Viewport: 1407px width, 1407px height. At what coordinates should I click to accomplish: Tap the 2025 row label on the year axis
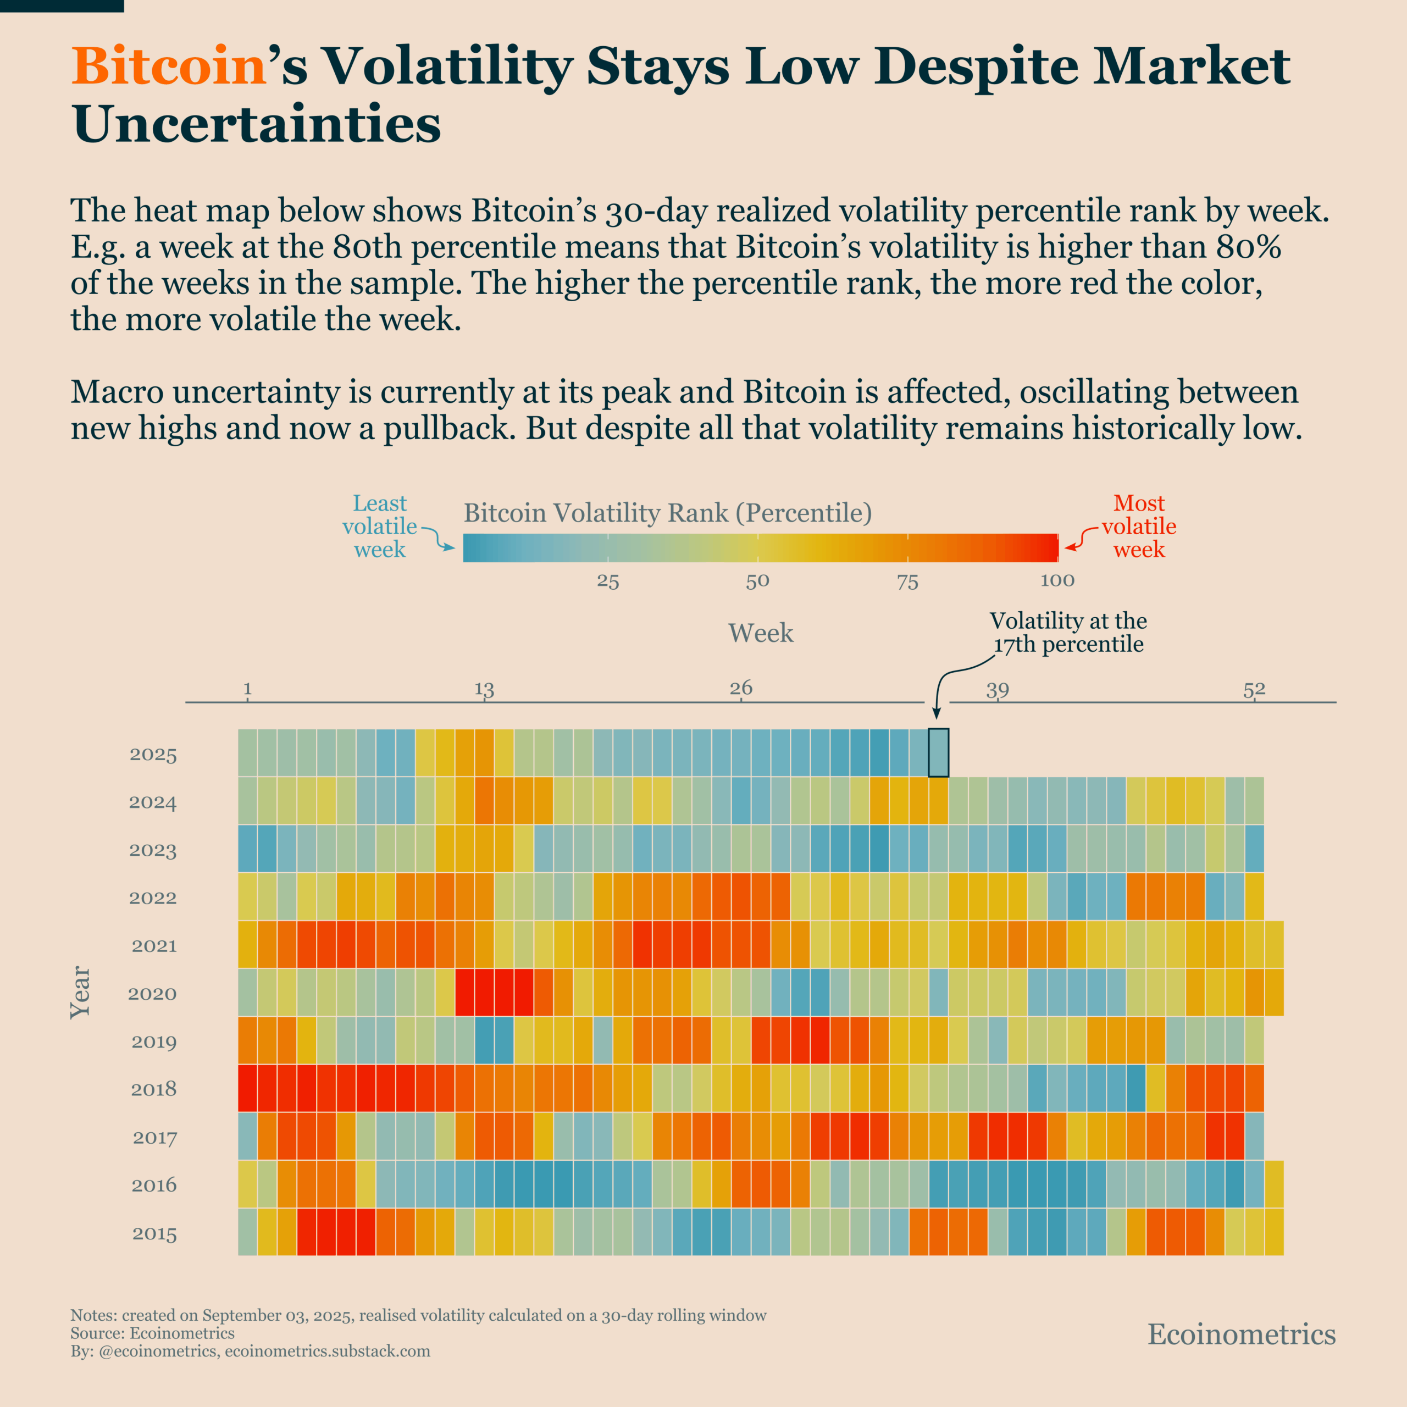[153, 755]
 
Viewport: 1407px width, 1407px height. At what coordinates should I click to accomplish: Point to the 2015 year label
[154, 1234]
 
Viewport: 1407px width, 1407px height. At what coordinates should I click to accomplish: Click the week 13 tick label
[484, 689]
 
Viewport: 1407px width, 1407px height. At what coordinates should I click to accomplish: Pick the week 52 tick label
[1254, 689]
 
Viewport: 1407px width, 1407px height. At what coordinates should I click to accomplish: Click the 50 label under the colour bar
[757, 581]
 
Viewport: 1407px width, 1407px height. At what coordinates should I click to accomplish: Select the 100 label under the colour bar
[1057, 580]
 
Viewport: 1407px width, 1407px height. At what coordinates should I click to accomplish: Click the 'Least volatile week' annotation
[379, 526]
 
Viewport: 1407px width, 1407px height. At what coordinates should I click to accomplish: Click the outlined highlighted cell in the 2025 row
[938, 752]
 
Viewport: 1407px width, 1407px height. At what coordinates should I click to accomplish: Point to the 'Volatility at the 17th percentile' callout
[1068, 632]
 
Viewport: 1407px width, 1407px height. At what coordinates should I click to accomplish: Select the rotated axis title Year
[80, 993]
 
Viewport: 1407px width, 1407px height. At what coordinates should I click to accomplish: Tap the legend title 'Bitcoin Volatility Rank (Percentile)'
[668, 513]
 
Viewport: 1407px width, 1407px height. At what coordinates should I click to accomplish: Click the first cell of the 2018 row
[248, 1088]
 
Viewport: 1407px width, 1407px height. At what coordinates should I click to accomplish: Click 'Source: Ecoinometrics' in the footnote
[152, 1333]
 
